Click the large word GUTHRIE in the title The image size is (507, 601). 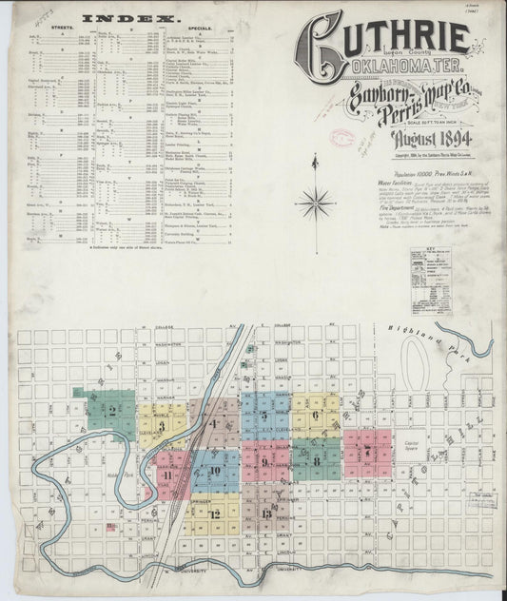pyautogui.click(x=390, y=36)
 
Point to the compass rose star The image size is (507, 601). pyautogui.click(x=314, y=202)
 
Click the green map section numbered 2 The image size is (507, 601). pyautogui.click(x=112, y=410)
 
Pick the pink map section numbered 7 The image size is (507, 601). pyautogui.click(x=366, y=451)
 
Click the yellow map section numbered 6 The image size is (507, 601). pyautogui.click(x=315, y=415)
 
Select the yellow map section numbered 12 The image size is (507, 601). pyautogui.click(x=215, y=514)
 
